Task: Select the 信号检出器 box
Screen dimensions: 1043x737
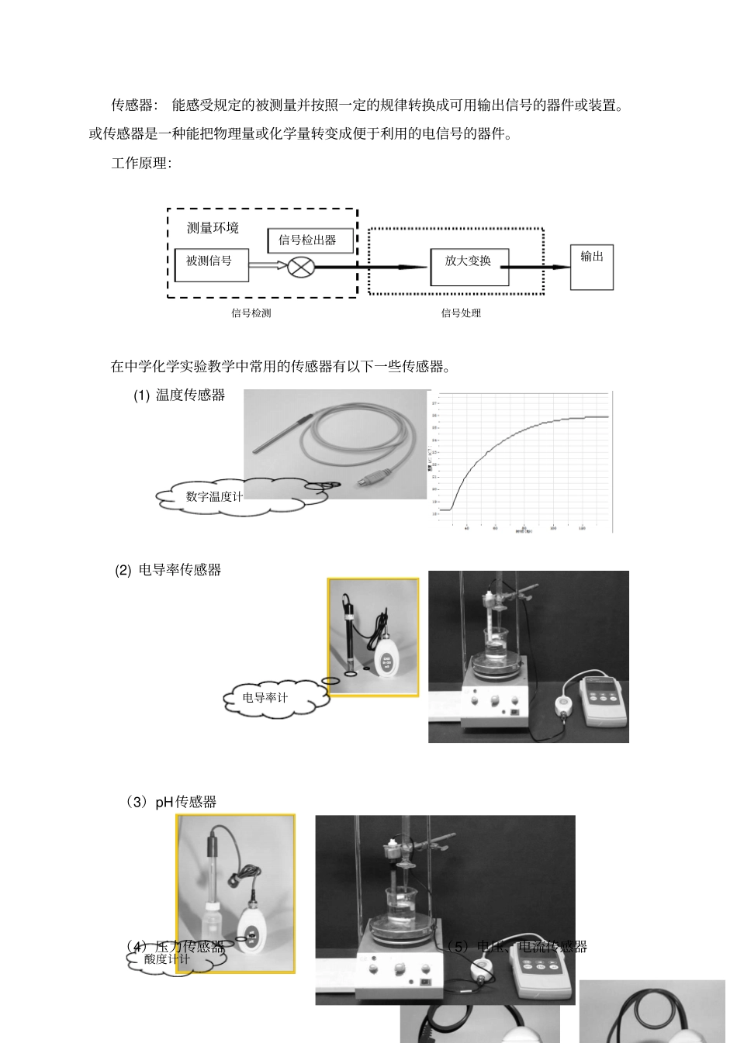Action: tap(310, 240)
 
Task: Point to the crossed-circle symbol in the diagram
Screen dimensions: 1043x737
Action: tap(299, 268)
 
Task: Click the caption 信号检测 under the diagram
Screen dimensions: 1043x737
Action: tap(251, 313)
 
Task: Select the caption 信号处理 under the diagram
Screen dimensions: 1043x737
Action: tap(461, 313)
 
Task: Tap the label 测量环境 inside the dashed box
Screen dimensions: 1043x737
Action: tap(213, 228)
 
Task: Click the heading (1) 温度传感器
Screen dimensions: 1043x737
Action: tap(179, 395)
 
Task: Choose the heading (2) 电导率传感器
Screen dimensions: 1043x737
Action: tap(168, 570)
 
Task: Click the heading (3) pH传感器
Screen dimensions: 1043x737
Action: tap(171, 802)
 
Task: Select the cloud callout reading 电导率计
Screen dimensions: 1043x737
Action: tap(265, 697)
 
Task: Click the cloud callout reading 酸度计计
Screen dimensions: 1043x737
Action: tap(167, 959)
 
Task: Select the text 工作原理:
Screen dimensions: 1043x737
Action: tap(140, 164)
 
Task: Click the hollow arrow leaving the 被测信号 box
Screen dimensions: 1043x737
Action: tap(268, 267)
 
